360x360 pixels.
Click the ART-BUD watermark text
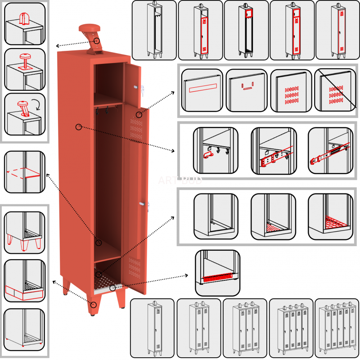pyautogui.click(x=180, y=180)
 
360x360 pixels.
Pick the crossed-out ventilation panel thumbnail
pyautogui.click(x=335, y=90)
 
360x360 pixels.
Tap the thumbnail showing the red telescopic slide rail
pyautogui.click(x=330, y=151)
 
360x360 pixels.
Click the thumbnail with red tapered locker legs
pyautogui.click(x=25, y=230)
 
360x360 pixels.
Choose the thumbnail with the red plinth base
pyautogui.click(x=25, y=280)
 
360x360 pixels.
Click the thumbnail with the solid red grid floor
pyautogui.click(x=330, y=216)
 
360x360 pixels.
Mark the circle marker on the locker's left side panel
pyautogui.click(x=79, y=127)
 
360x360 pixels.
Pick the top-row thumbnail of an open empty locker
pyautogui.click(x=154, y=30)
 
